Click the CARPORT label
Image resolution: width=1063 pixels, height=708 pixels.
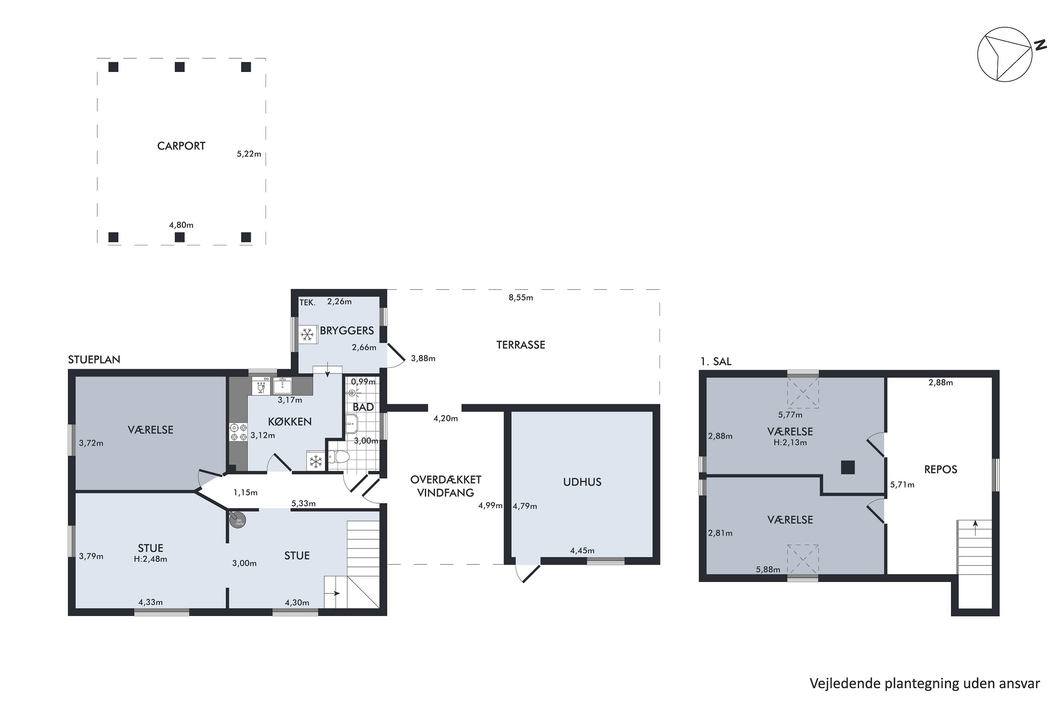[181, 146]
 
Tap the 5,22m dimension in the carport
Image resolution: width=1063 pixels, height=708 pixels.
[249, 154]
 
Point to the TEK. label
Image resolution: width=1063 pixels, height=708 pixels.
[307, 303]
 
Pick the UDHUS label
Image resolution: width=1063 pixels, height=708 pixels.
[582, 482]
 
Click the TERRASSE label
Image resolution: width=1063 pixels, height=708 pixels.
[521, 345]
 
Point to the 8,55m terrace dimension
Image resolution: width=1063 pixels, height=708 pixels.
[521, 298]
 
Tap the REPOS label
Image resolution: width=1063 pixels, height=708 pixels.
[940, 470]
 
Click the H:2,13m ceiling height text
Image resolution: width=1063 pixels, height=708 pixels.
[790, 443]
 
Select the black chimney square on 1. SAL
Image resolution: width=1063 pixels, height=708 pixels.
[848, 467]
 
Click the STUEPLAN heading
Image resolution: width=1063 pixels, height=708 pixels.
[94, 360]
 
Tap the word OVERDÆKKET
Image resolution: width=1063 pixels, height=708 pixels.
[446, 480]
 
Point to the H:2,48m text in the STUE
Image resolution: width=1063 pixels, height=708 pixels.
[151, 559]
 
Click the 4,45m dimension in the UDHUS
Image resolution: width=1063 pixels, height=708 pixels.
[582, 551]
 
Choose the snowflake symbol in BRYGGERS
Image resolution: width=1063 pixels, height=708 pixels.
[307, 335]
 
